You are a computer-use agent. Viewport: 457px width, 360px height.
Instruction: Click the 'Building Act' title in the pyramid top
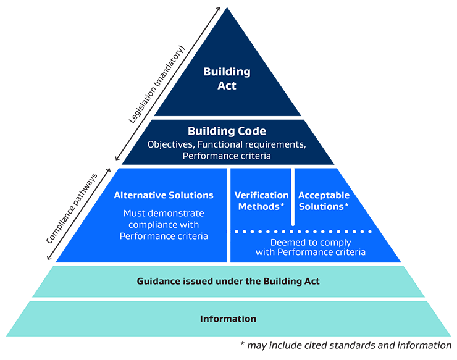pos(227,78)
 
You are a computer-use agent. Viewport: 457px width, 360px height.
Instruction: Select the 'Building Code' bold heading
pos(227,132)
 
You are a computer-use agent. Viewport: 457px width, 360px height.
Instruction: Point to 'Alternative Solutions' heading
pos(164,195)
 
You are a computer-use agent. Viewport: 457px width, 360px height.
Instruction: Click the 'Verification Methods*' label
pos(261,201)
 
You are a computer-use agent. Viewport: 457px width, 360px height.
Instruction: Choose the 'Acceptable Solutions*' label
pos(324,201)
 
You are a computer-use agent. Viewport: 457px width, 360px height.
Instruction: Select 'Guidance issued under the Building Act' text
pos(228,282)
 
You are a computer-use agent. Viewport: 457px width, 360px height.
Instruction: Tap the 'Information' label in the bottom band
pos(228,319)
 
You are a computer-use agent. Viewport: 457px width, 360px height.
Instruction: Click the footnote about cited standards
pos(346,345)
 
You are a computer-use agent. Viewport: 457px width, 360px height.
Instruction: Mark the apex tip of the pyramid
pos(228,9)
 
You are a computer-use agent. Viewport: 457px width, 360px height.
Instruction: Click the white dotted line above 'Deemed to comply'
pos(303,232)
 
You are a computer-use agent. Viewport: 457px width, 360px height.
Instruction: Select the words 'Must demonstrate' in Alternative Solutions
pos(164,214)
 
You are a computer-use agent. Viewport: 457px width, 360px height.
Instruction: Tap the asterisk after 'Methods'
pos(283,205)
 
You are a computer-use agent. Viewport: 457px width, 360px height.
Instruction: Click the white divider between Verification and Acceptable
pos(293,198)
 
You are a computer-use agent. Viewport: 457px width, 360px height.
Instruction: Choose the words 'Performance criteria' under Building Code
pos(228,156)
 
